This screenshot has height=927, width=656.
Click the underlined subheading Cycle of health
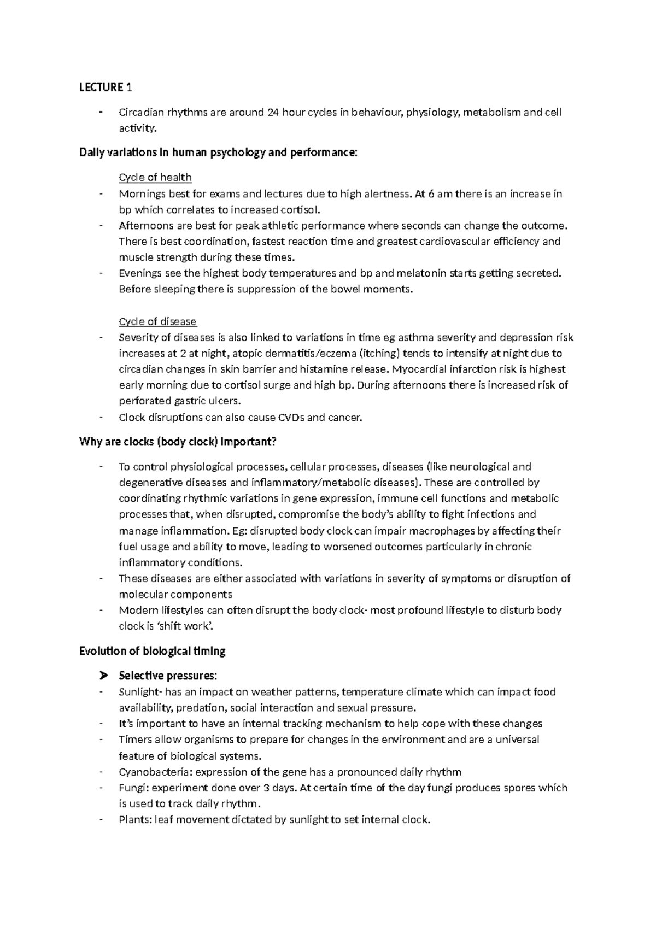pos(155,177)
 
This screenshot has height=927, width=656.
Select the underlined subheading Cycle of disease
pos(157,321)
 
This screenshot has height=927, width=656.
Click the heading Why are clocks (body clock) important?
pos(178,442)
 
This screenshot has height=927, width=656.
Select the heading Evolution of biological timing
pos(153,651)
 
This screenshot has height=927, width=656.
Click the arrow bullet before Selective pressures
pos(101,676)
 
